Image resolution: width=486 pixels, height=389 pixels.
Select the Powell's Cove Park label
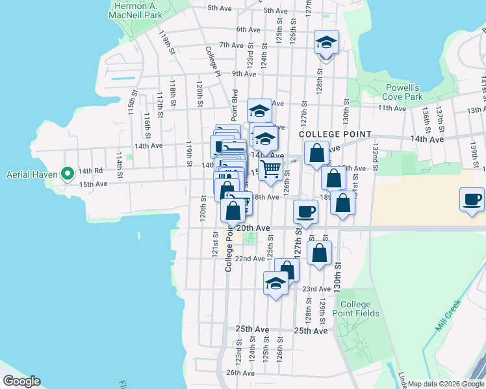click(402, 92)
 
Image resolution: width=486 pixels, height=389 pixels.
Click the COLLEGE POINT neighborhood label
click(335, 134)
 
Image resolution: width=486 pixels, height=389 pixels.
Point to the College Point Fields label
click(355, 309)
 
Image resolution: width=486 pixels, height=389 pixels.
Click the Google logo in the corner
click(21, 381)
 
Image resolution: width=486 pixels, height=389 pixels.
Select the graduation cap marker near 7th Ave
click(326, 44)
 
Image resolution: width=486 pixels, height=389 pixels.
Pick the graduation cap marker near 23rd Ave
click(275, 284)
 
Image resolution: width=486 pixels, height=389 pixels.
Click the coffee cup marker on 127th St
click(305, 211)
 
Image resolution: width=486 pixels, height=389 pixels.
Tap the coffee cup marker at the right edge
click(472, 200)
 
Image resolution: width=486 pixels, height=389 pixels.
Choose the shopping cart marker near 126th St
click(270, 170)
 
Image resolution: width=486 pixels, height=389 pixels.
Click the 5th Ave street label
click(220, 8)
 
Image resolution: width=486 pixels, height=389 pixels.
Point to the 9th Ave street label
click(242, 74)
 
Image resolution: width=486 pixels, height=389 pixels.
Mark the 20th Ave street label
click(253, 228)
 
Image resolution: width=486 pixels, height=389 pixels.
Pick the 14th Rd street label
click(90, 171)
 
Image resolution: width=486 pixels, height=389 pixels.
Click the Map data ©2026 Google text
click(445, 384)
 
